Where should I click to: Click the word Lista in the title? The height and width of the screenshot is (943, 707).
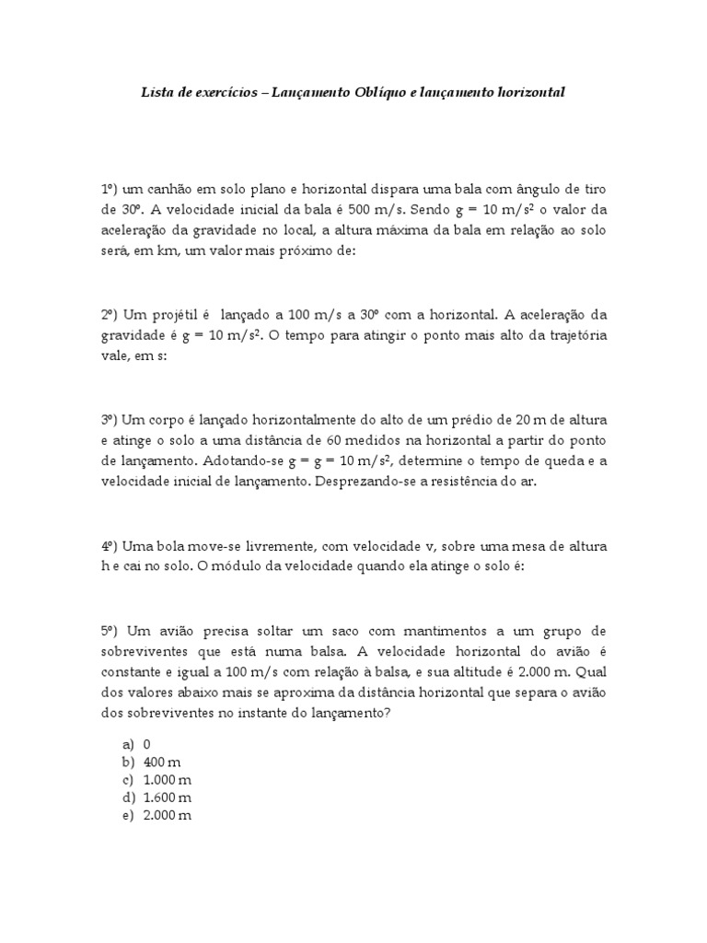tap(156, 93)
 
